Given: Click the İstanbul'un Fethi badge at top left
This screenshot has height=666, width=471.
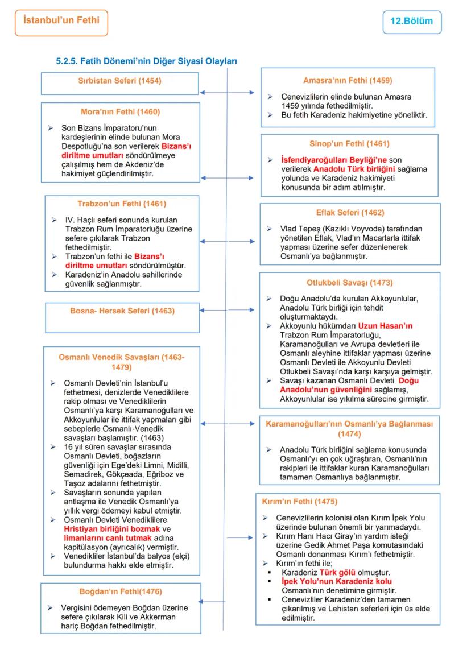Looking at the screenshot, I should (61, 21).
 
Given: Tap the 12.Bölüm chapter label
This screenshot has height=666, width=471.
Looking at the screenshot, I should (411, 22).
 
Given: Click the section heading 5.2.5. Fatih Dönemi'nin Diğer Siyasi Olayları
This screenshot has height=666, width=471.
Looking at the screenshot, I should (146, 61).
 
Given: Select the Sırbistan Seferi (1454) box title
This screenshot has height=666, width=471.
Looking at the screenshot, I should (119, 81).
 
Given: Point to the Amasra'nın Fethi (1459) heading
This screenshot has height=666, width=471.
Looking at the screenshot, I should (348, 81).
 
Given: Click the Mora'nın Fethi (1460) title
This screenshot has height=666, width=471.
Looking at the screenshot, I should (120, 112).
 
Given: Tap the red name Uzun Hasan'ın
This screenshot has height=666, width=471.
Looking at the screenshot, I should (385, 326).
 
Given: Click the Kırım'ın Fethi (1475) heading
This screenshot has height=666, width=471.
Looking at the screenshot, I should (299, 502).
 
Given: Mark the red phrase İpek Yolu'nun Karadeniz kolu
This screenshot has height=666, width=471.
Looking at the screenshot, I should (336, 582).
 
